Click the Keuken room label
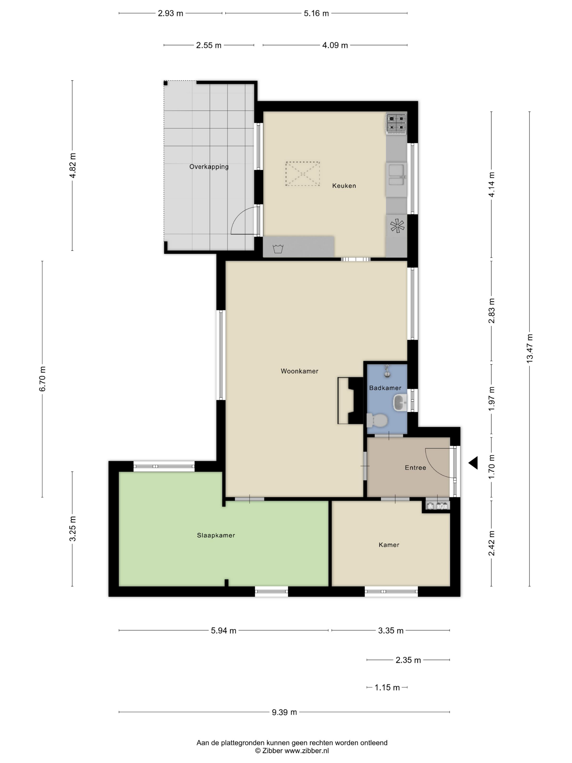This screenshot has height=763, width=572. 344,186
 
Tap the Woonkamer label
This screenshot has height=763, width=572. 299,371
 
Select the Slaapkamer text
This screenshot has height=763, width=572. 216,535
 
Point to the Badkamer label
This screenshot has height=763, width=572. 385,388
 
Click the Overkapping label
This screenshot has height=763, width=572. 209,166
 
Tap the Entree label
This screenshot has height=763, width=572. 415,468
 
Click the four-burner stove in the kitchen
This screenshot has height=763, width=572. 396,123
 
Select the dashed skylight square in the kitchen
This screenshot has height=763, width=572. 303,174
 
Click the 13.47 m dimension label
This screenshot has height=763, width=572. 530,348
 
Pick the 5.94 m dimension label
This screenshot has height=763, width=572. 223,631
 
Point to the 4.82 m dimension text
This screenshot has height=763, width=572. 72,166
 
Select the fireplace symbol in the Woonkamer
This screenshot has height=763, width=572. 350,400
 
